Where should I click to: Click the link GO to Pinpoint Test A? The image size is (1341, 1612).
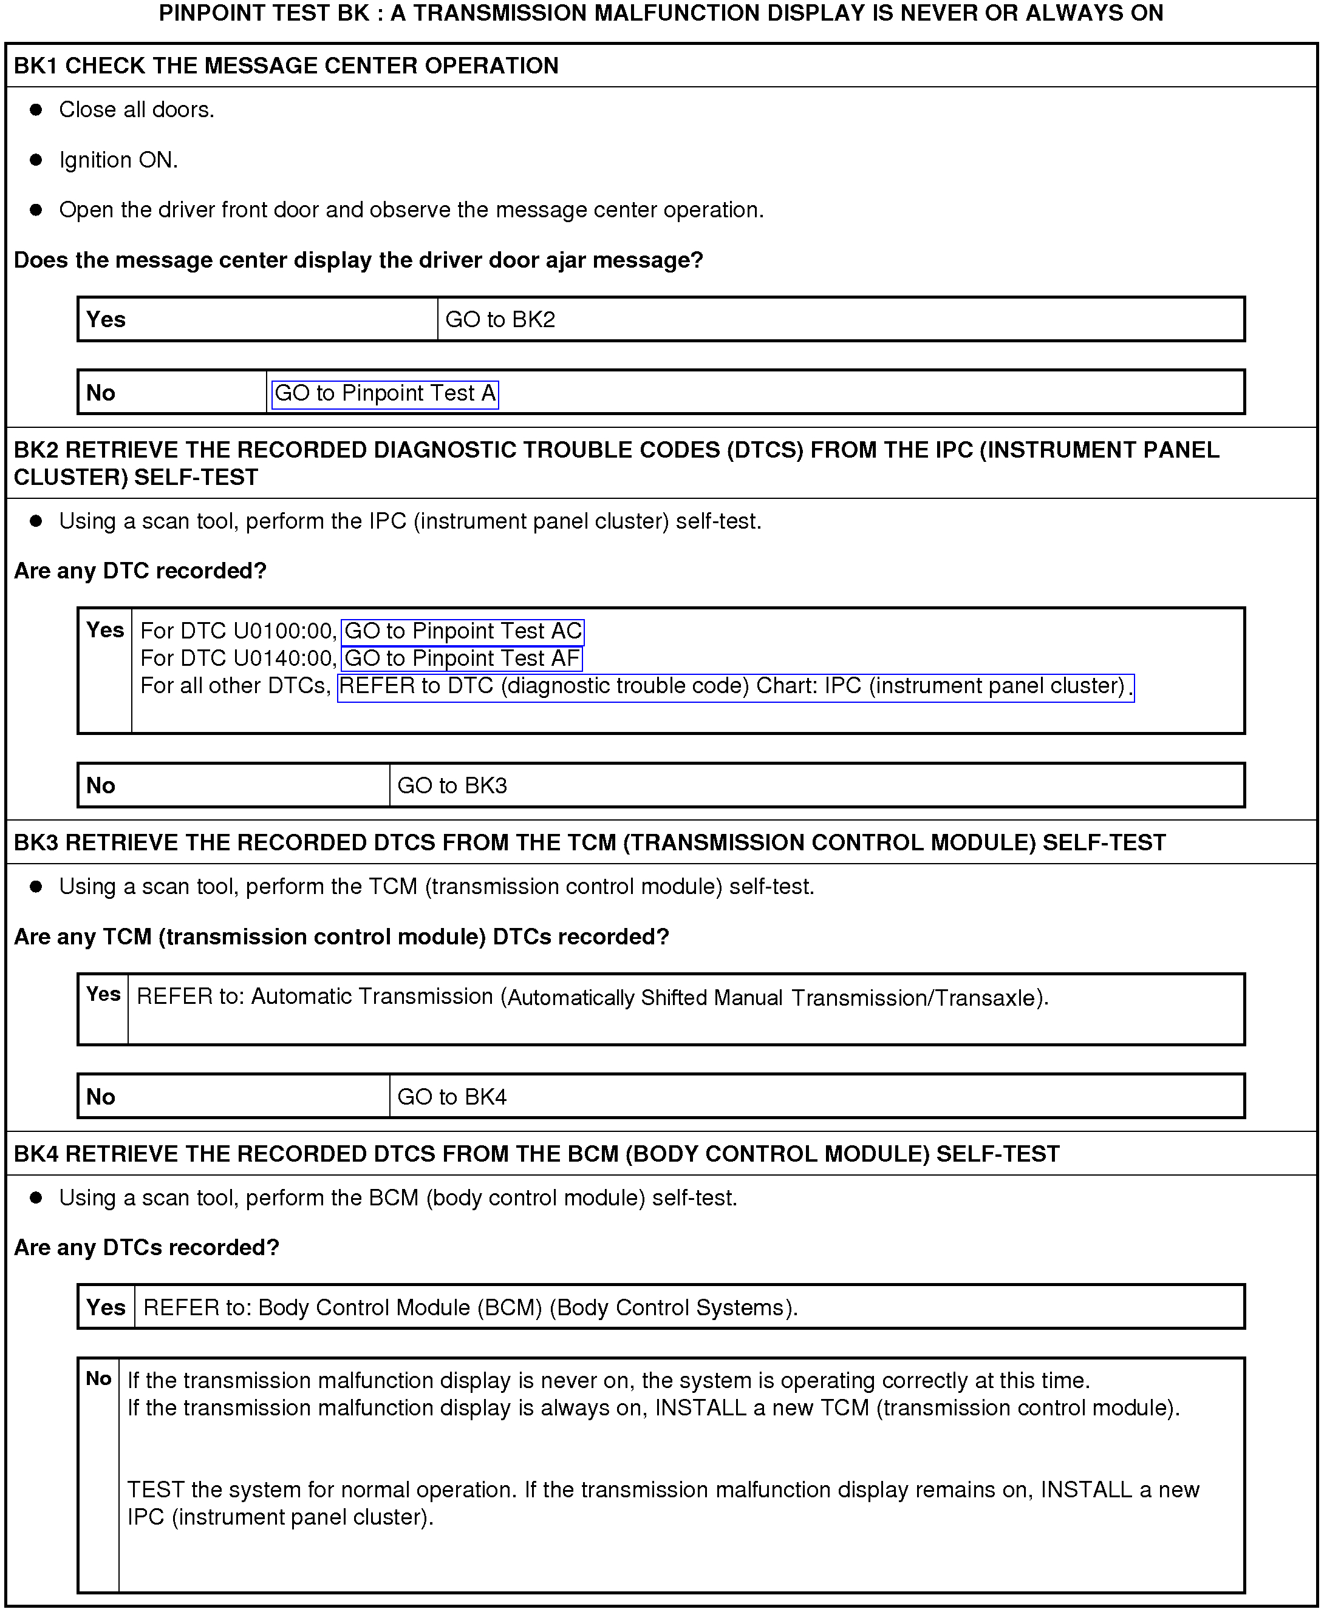point(385,394)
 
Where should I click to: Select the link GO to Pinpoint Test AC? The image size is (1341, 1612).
point(462,631)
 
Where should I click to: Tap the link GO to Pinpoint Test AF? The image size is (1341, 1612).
point(462,659)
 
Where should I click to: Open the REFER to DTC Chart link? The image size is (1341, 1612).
point(735,685)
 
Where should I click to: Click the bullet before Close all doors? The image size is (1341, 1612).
point(36,110)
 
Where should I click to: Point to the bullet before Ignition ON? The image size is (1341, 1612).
point(36,160)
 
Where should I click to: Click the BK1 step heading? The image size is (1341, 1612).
point(285,66)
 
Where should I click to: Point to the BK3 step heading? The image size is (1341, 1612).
point(589,843)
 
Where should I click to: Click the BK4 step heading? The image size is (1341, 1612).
point(536,1154)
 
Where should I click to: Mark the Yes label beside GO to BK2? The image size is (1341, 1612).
point(106,319)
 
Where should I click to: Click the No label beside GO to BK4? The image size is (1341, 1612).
point(101,1097)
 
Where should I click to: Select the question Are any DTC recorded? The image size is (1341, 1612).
point(140,571)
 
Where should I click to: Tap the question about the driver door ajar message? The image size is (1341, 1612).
point(358,260)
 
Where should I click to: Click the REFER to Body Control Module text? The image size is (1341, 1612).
point(470,1307)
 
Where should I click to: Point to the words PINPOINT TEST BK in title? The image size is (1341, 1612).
point(264,13)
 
